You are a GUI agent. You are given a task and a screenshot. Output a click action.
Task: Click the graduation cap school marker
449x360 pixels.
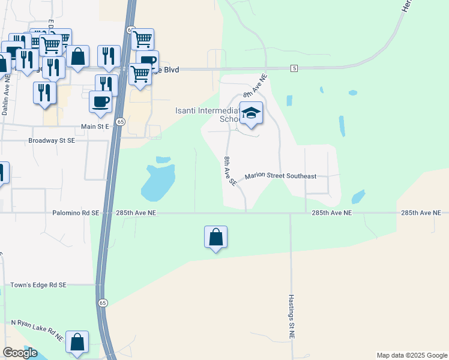(x=252, y=113)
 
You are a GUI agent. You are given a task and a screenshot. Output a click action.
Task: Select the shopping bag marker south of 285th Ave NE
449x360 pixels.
(x=216, y=238)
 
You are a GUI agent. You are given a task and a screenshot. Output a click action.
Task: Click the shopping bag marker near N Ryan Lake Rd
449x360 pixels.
(x=77, y=343)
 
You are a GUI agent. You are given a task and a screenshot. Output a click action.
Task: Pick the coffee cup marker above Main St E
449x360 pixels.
(x=101, y=101)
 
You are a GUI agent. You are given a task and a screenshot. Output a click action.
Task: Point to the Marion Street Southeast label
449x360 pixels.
(x=280, y=176)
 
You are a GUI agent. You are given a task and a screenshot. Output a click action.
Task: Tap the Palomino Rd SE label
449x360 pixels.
(x=76, y=213)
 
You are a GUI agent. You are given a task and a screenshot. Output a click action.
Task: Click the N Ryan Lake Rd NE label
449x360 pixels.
(x=37, y=330)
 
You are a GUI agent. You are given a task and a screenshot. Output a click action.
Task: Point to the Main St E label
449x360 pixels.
(x=95, y=127)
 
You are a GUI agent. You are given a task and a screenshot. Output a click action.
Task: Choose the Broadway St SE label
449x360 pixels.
(x=52, y=140)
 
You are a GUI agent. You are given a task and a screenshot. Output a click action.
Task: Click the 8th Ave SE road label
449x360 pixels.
(x=228, y=170)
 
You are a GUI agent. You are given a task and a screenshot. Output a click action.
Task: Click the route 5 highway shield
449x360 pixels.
(x=294, y=69)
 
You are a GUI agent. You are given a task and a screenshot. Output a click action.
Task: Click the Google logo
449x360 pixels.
(x=20, y=353)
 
